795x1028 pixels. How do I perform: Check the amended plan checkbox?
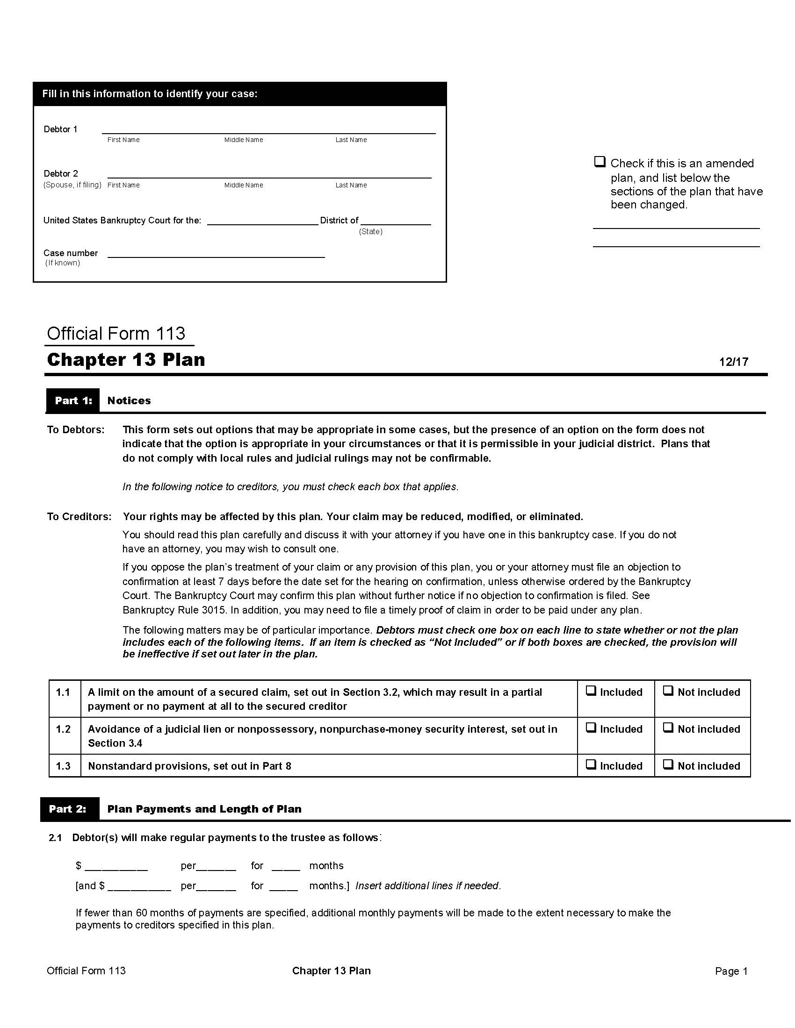599,162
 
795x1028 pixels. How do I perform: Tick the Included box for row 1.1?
591,691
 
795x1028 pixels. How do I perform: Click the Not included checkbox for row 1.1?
668,691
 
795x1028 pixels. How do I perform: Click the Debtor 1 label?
60,129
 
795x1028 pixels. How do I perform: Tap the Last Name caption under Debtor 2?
351,185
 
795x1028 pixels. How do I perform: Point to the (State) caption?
370,232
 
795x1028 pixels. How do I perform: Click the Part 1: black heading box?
72,400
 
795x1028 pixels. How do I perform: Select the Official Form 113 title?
116,333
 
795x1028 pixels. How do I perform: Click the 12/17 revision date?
733,362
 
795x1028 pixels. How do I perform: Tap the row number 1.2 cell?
64,729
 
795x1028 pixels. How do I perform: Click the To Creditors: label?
79,516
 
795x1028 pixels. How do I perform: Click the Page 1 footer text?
731,971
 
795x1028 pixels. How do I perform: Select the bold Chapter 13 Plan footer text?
331,971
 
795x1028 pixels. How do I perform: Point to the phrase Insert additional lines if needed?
427,885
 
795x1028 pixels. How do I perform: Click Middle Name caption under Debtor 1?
244,140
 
